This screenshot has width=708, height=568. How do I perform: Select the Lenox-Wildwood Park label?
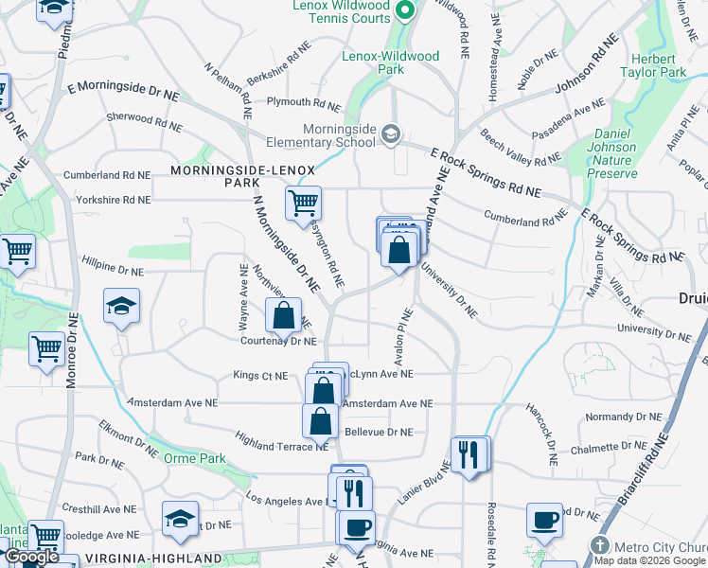click(391, 62)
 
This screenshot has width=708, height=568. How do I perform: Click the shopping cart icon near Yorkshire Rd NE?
click(303, 202)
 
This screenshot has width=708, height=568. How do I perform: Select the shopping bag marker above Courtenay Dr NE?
click(283, 315)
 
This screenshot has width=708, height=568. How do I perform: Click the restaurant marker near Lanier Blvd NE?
click(469, 455)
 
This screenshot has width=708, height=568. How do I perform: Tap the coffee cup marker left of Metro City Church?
click(544, 520)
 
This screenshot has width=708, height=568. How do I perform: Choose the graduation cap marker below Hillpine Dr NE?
click(121, 307)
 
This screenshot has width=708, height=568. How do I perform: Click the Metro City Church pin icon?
click(598, 545)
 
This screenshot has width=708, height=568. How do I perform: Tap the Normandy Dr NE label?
click(624, 417)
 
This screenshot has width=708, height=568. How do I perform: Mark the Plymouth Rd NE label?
click(303, 102)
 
